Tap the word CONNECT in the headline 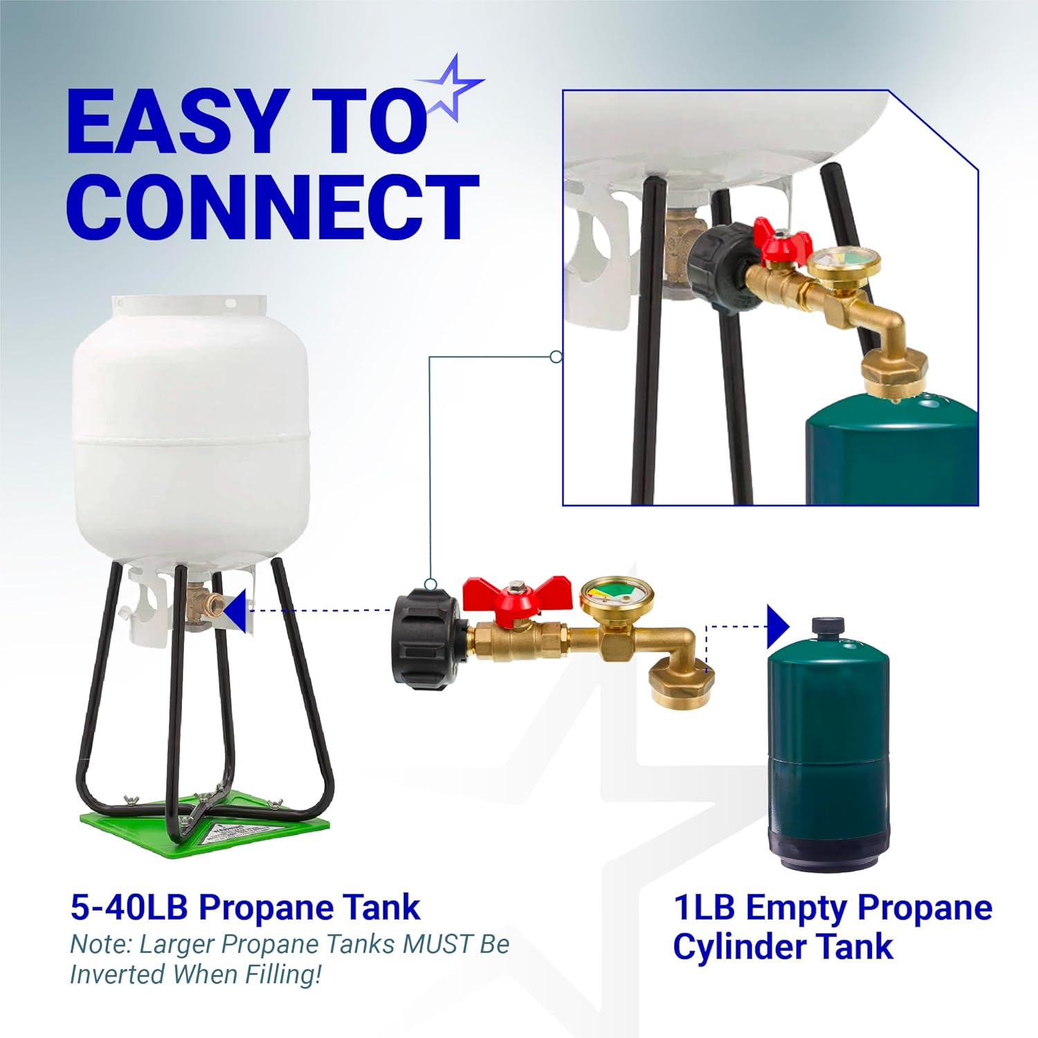click(x=273, y=206)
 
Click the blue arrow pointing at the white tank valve click(x=235, y=610)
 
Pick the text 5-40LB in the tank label click(x=129, y=907)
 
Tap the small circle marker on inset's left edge click(x=555, y=357)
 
